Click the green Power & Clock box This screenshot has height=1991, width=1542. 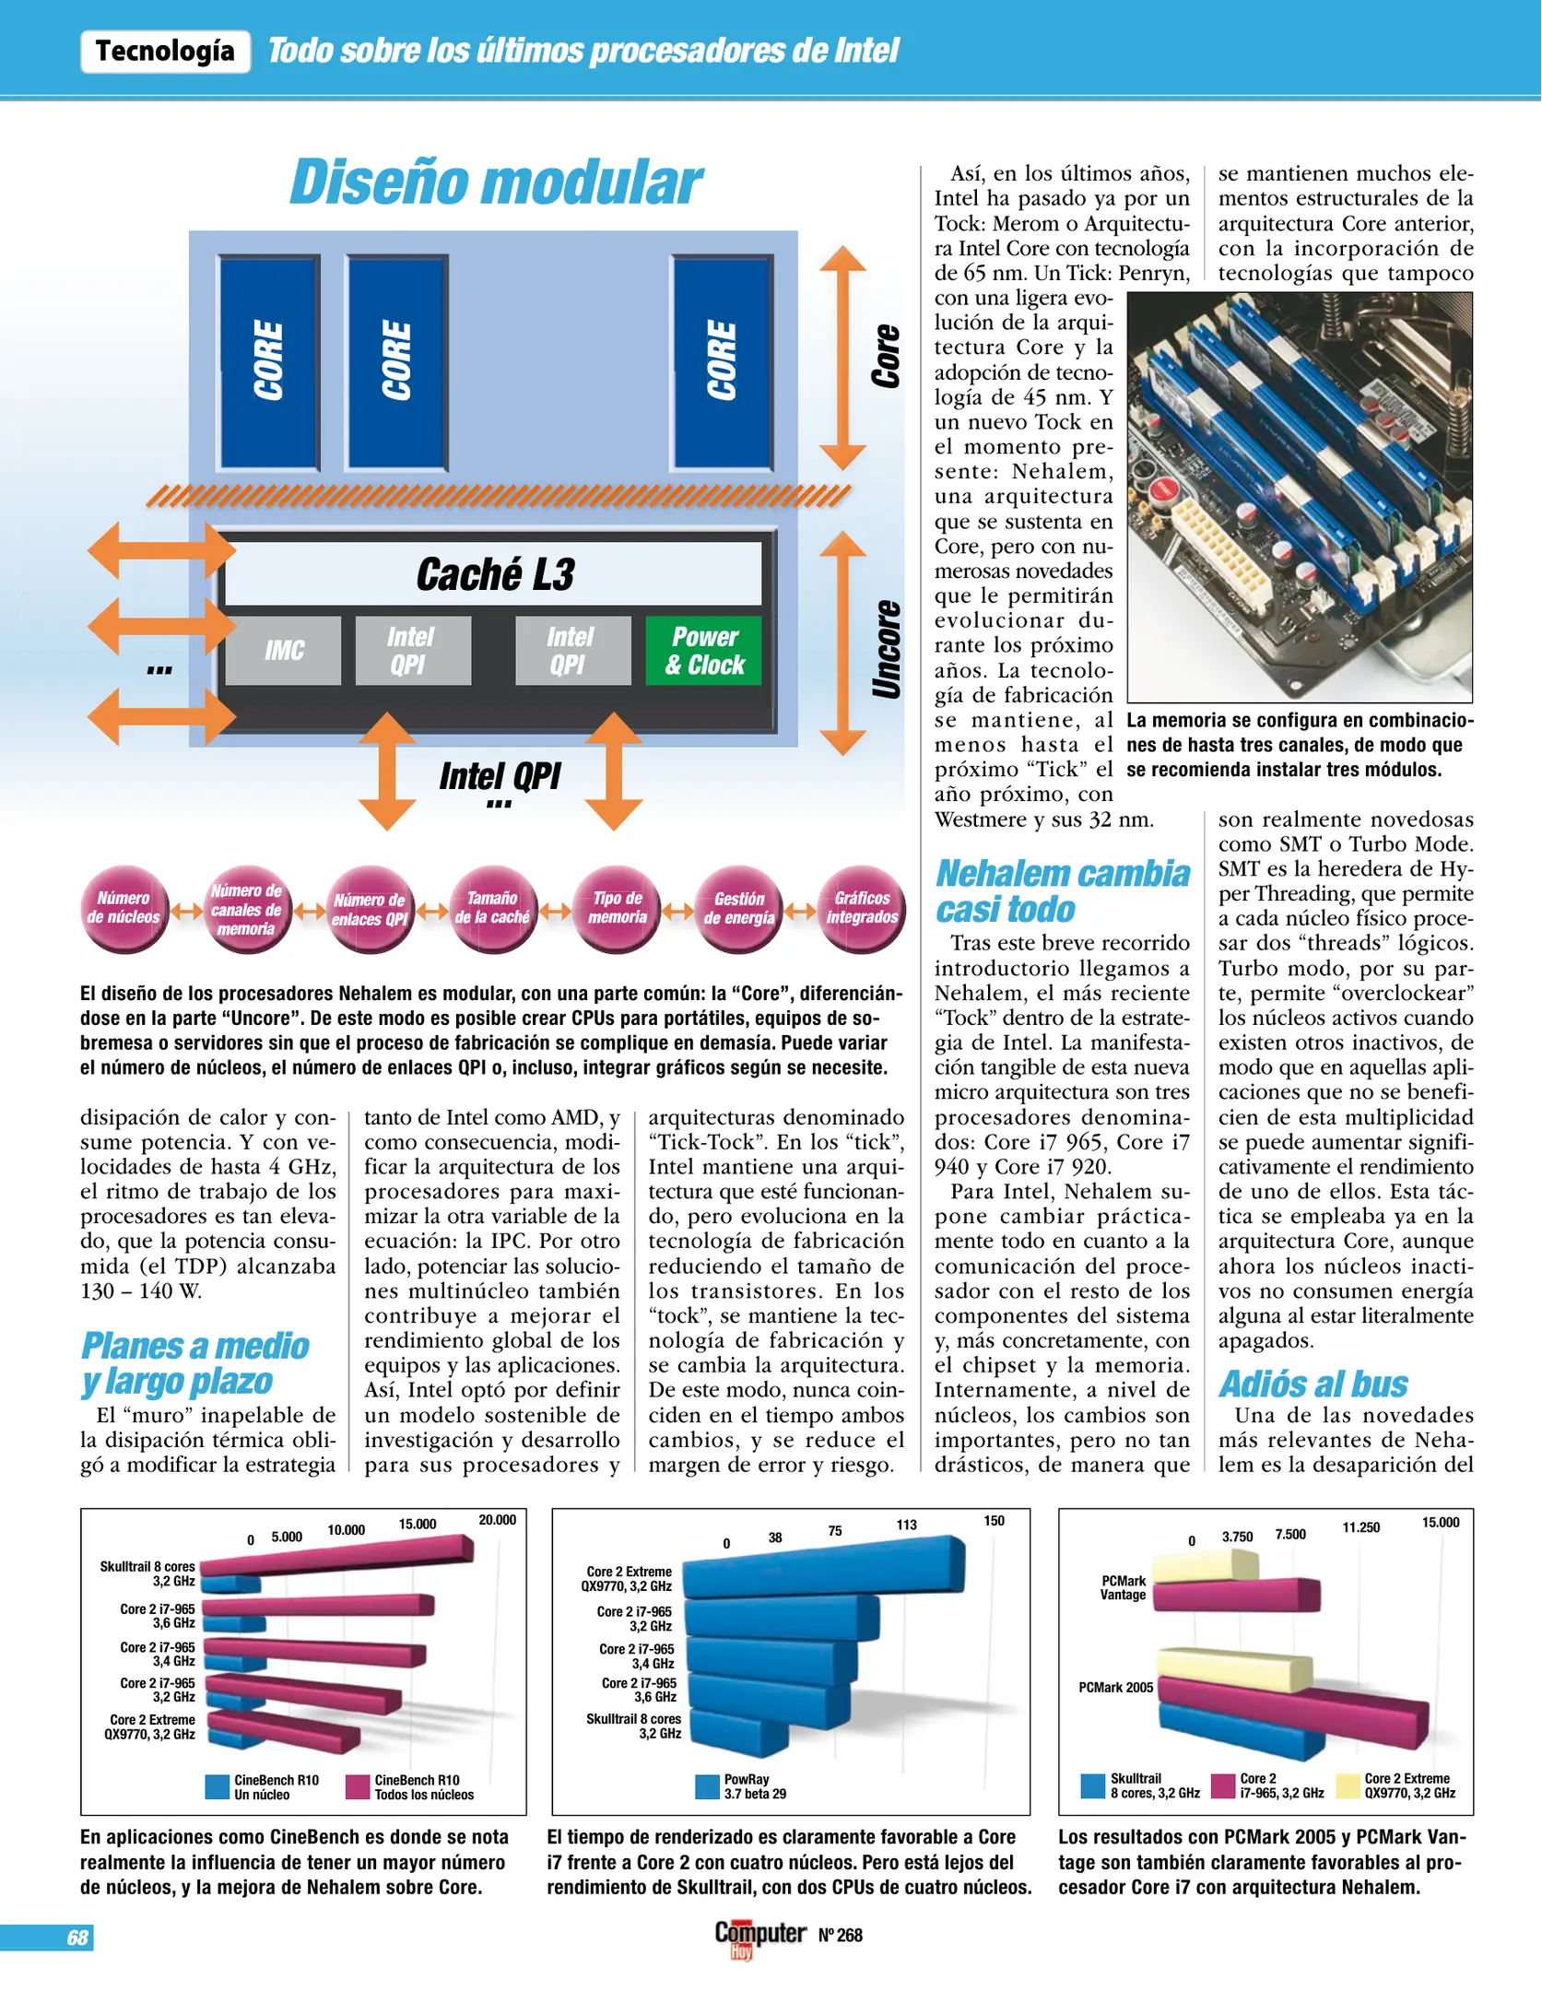pyautogui.click(x=703, y=651)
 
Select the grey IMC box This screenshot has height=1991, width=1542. pyautogui.click(x=283, y=651)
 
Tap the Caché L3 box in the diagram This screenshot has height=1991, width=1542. pyautogui.click(x=494, y=573)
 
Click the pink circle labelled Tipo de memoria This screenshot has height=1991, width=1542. pyautogui.click(x=617, y=908)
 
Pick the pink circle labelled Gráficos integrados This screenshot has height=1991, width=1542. pyautogui.click(x=862, y=908)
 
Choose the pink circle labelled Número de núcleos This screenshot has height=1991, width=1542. pyautogui.click(x=124, y=908)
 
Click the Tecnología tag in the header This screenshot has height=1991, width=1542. pyautogui.click(x=165, y=51)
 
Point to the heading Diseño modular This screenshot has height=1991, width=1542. pyautogui.click(x=496, y=182)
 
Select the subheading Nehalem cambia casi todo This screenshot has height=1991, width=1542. pyautogui.click(x=1062, y=890)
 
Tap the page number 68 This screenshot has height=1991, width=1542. pyautogui.click(x=77, y=1938)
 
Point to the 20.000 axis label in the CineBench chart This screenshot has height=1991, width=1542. pyautogui.click(x=497, y=1520)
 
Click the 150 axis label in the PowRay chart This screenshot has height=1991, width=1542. pyautogui.click(x=994, y=1521)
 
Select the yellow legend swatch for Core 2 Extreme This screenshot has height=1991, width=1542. pyautogui.click(x=1348, y=1785)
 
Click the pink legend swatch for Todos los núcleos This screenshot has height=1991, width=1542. pyautogui.click(x=358, y=1787)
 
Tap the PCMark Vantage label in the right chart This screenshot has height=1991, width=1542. pyautogui.click(x=1123, y=1587)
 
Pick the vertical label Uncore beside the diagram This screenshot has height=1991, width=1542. pyautogui.click(x=886, y=649)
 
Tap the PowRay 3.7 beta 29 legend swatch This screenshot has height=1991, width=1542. pyautogui.click(x=707, y=1786)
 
